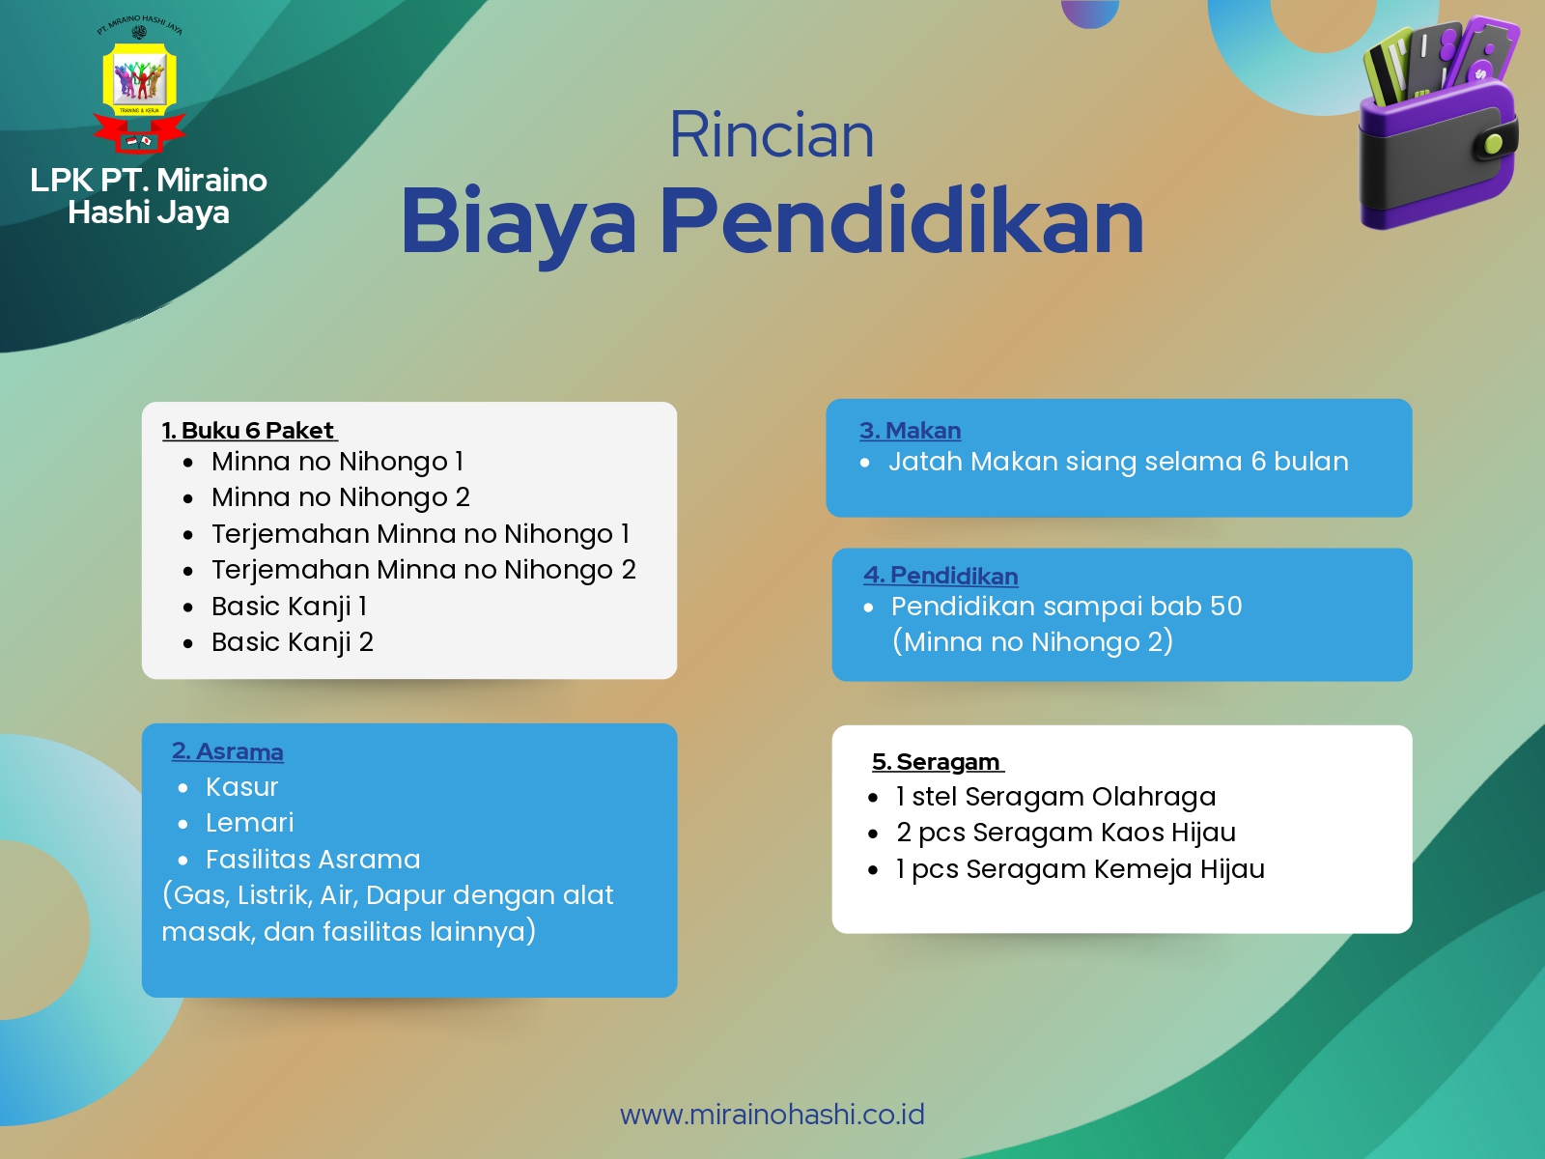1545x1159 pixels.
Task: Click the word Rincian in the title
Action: point(772,135)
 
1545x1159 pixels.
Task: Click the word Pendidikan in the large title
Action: point(902,222)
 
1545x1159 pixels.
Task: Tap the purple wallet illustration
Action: point(1438,126)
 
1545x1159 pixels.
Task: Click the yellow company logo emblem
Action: point(140,82)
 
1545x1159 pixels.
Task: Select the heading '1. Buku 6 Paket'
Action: point(248,431)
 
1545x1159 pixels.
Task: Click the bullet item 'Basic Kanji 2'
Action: point(292,642)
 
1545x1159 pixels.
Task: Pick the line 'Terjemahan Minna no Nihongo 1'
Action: point(420,534)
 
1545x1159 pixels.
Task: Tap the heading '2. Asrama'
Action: point(228,751)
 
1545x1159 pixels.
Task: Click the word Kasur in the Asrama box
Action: point(241,787)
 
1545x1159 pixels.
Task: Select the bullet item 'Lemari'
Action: point(249,823)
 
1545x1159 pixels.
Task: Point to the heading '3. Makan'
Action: point(910,431)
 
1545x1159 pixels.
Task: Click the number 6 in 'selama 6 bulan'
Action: point(1258,462)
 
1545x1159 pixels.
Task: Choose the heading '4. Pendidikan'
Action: point(941,576)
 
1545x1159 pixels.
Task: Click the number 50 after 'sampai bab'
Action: point(1225,607)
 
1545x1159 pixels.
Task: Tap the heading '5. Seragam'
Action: point(936,762)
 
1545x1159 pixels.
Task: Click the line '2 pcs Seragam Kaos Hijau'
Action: point(1065,833)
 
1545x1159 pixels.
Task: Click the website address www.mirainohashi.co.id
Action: point(772,1115)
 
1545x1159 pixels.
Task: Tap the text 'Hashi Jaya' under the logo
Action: point(149,212)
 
